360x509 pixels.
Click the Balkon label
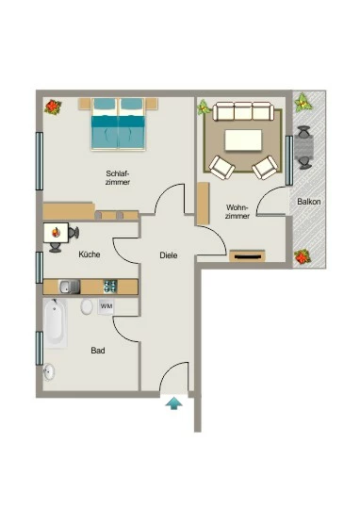coord(309,202)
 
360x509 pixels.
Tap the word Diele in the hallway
coord(169,255)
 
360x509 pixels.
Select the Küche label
coord(90,254)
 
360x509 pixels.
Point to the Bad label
coord(98,351)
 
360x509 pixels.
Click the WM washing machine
coord(106,306)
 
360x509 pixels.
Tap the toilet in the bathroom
coord(87,306)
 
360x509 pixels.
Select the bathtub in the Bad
coord(56,323)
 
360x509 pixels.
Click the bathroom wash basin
coord(49,371)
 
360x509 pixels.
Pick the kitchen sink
coord(69,287)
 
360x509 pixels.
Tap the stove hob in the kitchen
coord(110,287)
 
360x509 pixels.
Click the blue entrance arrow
coord(174,403)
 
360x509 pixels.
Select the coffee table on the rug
coord(243,140)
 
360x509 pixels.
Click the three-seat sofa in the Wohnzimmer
coord(243,111)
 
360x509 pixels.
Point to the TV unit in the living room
coord(247,256)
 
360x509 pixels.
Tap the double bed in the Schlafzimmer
coord(118,124)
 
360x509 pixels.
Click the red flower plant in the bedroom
coord(53,107)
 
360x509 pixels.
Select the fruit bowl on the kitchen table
coord(57,232)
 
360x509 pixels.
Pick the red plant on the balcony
coord(303,256)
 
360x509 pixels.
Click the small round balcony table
coord(304,147)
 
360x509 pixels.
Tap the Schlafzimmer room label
coord(118,178)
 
